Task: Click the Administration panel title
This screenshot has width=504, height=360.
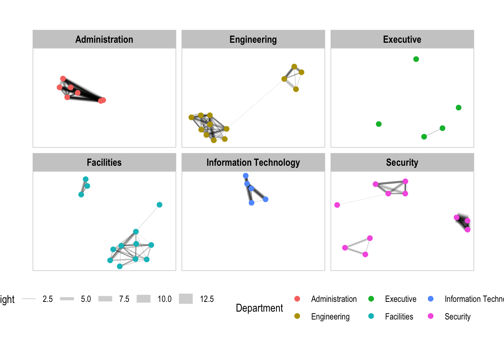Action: (x=104, y=39)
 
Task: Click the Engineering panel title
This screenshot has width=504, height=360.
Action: (x=253, y=39)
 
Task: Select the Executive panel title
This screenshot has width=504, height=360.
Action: (x=402, y=39)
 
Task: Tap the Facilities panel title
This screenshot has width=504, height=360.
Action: (x=104, y=162)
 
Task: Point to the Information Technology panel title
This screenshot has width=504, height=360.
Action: (x=253, y=162)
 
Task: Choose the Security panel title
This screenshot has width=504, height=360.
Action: (x=402, y=162)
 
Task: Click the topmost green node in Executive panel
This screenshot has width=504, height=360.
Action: (x=416, y=59)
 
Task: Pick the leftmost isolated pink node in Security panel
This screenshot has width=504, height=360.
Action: (x=337, y=205)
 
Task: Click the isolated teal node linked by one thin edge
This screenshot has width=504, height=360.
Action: (x=159, y=205)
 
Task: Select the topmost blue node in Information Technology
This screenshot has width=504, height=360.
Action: (x=246, y=176)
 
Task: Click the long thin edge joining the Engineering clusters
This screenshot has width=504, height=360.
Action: (x=255, y=104)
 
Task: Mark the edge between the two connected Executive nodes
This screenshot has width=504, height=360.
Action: (x=433, y=132)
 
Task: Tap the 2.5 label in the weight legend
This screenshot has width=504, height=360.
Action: (x=48, y=299)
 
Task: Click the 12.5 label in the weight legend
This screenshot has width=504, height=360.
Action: (x=207, y=299)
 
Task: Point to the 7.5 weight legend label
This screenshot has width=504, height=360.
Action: (x=124, y=299)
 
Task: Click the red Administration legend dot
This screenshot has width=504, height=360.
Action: (x=297, y=299)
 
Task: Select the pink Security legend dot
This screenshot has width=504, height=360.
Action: (x=431, y=316)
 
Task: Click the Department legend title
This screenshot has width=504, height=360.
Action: (x=259, y=308)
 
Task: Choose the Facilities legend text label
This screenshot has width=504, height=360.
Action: (x=399, y=316)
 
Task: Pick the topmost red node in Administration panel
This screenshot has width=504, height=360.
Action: (x=63, y=79)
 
